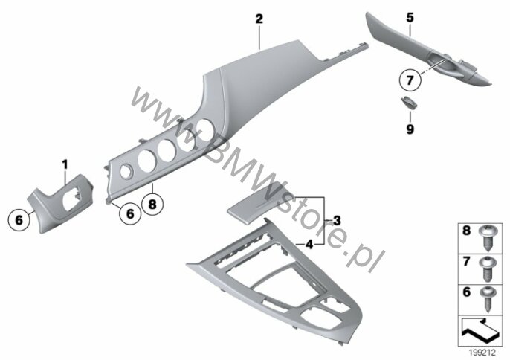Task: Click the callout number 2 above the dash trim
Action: (x=259, y=19)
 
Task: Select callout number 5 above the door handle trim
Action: (x=410, y=18)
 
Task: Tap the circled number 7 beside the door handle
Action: (x=410, y=80)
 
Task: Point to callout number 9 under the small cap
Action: (x=410, y=129)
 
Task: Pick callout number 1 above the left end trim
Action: (x=65, y=164)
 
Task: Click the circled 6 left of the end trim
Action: (x=19, y=220)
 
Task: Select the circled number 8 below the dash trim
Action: (x=152, y=205)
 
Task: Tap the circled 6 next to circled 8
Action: (x=130, y=214)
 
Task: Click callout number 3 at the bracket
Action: (x=337, y=221)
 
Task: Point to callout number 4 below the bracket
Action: (x=309, y=244)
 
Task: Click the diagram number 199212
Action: (x=482, y=353)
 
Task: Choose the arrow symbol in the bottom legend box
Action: (x=480, y=331)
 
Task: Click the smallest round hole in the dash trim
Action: (x=126, y=172)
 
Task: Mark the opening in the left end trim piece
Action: (x=71, y=201)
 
